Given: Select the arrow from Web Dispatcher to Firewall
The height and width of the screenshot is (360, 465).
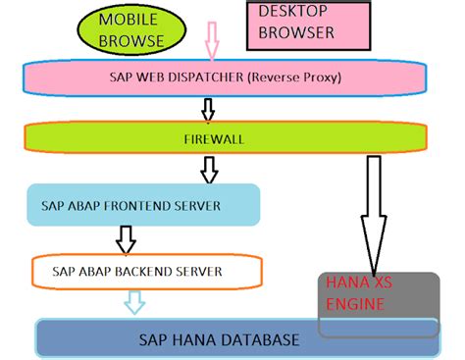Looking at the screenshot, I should (207, 108).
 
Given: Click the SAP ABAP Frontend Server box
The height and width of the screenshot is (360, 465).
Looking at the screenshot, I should (142, 205).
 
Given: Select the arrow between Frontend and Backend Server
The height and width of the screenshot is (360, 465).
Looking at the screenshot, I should (125, 237).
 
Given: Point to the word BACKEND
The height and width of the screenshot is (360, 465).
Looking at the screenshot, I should (138, 270).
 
